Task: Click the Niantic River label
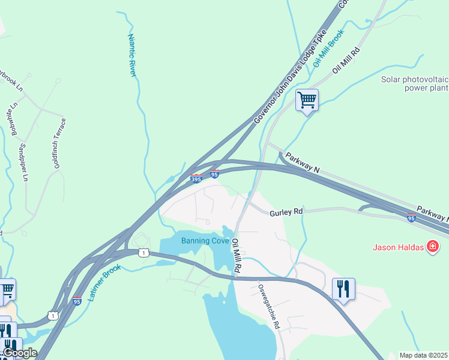click(x=133, y=55)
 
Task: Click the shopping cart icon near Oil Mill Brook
click(x=307, y=100)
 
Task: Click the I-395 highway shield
click(x=196, y=178)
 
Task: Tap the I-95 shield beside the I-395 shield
click(x=214, y=174)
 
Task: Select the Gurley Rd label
click(x=286, y=212)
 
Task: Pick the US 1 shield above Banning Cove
click(x=143, y=253)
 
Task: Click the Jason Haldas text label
click(x=398, y=247)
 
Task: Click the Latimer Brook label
click(x=106, y=282)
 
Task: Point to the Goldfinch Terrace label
click(x=59, y=143)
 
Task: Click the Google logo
click(x=19, y=353)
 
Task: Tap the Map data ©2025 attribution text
click(x=423, y=355)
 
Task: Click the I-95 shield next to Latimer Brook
click(x=76, y=301)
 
